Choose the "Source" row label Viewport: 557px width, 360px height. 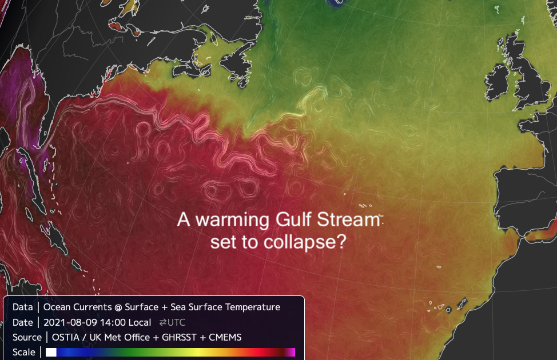click(27, 337)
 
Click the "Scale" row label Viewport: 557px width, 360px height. click(23, 352)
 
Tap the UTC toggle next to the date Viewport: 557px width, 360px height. click(172, 322)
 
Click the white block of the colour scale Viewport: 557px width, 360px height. click(51, 352)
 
